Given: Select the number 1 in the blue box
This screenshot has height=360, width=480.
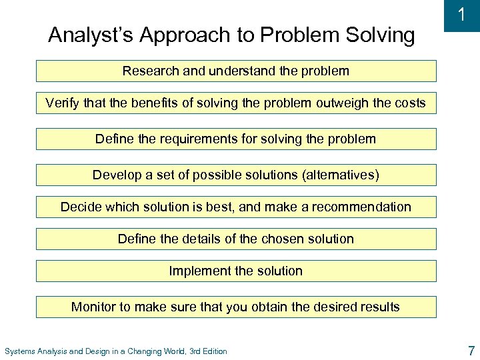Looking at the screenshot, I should coord(461,15).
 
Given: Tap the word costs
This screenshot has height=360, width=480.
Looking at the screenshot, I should coord(409,103).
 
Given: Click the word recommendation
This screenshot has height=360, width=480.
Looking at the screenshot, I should coord(359,207).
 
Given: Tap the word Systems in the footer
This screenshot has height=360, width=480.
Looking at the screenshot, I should coord(20,351).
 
